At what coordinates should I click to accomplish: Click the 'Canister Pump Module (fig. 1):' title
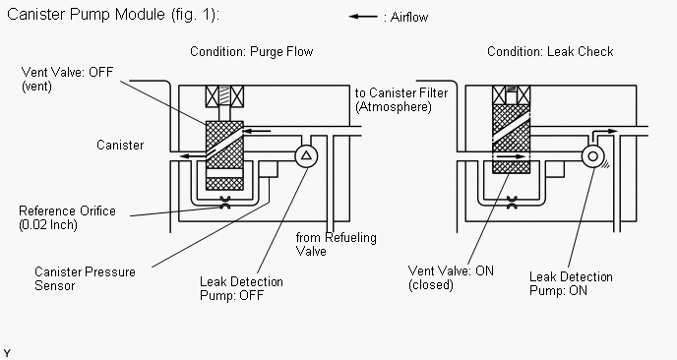coord(113,15)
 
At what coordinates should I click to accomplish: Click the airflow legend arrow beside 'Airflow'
coord(363,17)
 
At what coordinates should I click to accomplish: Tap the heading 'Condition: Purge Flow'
coord(251,52)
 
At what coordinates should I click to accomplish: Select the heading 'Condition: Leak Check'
coord(550,52)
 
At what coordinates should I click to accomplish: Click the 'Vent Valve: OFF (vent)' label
coord(67,79)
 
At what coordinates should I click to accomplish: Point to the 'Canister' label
coord(120,145)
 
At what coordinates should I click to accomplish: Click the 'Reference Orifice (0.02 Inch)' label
coord(67,218)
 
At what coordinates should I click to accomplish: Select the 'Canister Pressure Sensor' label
coord(85,278)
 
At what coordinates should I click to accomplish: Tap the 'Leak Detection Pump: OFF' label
coord(241,288)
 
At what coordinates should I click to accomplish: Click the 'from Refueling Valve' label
coord(336,244)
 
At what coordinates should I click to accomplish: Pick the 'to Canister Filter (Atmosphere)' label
coord(401,99)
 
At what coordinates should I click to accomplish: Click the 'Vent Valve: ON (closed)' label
coord(451,278)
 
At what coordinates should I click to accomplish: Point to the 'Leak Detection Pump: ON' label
coord(571,283)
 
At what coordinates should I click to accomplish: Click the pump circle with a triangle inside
coord(306,155)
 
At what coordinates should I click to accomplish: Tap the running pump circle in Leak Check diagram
coord(592,156)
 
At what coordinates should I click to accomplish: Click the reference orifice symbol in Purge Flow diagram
coord(225,203)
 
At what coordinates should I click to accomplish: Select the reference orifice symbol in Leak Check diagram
coord(512,203)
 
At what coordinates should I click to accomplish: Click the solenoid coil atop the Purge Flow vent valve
coord(224,96)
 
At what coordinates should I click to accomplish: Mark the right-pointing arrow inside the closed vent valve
coord(512,156)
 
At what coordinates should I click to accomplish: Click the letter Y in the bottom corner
coord(7,353)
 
